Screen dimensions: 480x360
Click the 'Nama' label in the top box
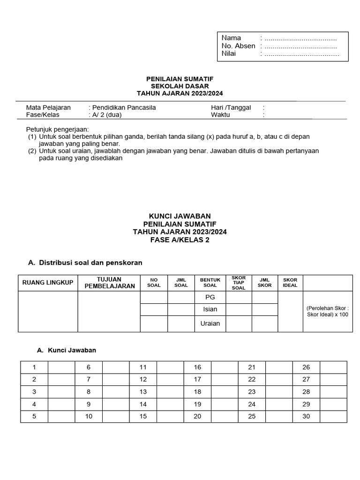(231, 38)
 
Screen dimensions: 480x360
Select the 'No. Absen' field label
(238, 46)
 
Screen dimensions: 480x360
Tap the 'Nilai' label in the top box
(229, 53)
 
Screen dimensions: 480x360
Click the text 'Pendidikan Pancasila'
(123, 107)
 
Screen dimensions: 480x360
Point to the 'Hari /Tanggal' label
(231, 107)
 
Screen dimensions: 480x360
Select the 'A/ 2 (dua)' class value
(106, 114)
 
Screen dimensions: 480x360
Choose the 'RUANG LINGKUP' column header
(48, 283)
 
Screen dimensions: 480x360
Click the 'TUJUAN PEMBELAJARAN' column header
(110, 283)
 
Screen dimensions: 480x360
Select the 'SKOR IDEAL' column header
(290, 283)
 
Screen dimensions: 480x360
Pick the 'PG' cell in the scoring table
(210, 297)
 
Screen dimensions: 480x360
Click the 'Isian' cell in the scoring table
(210, 309)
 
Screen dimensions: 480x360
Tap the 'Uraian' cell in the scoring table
(210, 323)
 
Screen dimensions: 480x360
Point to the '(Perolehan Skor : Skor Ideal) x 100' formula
(328, 311)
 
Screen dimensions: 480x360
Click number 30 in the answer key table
(306, 416)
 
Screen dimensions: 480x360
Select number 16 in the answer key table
(197, 367)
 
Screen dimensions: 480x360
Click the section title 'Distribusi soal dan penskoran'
(90, 263)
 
